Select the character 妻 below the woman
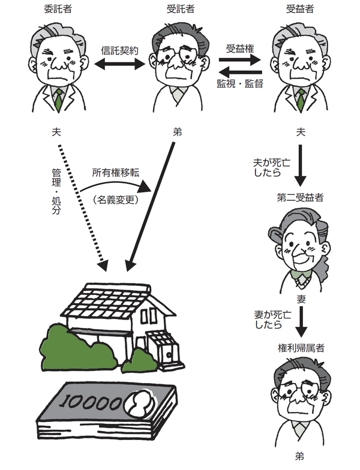pos(301,298)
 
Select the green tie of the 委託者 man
pos(58,100)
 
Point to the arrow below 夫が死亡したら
pos(301,171)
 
